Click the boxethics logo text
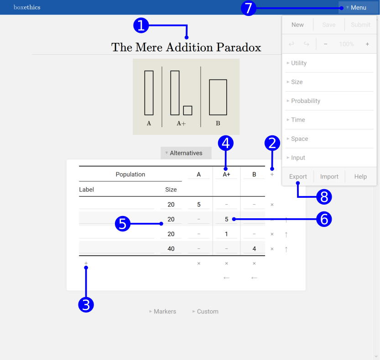pos(27,7)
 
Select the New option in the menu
pos(297,25)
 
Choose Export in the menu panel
pos(298,176)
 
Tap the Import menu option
pos(329,176)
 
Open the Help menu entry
pos(360,176)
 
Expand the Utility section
pos(297,63)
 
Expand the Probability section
pos(303,101)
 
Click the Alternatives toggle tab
pos(186,153)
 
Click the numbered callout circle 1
pos(141,26)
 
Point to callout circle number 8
pos(324,196)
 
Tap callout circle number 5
pos(123,224)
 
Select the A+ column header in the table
pos(226,175)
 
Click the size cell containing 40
pos(171,249)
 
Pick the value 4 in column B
pos(254,249)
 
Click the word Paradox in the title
pos(239,47)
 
